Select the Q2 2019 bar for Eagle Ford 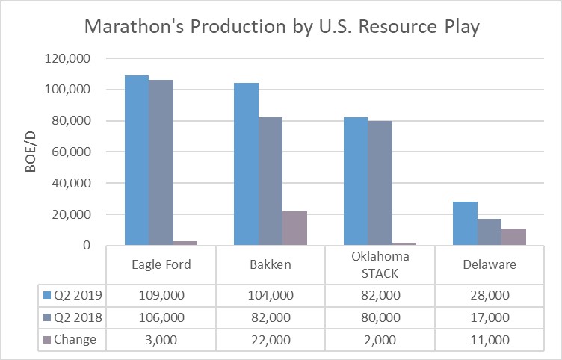click(136, 160)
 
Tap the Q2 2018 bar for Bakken click(270, 181)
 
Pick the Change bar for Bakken click(294, 228)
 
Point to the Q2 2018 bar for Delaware click(490, 232)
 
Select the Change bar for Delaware click(513, 236)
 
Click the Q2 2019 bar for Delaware click(465, 223)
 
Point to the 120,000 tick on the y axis click(69, 58)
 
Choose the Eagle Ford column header click(161, 264)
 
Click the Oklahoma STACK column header click(380, 264)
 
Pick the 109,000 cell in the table click(161, 296)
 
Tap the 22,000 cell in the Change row click(271, 339)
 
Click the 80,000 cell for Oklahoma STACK click(380, 317)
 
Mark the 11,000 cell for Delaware click(490, 339)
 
